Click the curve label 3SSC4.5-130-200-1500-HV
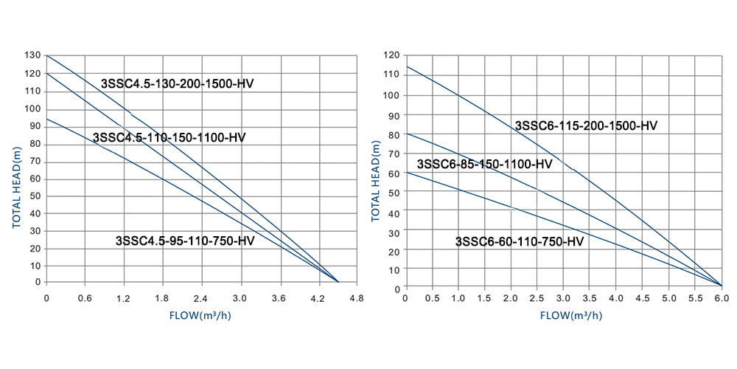(x=177, y=83)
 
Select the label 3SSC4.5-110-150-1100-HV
(x=170, y=138)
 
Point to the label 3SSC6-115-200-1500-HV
(x=586, y=125)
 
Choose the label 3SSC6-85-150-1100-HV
(x=484, y=164)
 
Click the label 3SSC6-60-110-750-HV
(x=520, y=241)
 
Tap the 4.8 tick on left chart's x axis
(x=357, y=299)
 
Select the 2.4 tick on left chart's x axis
(x=200, y=299)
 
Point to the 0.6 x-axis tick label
(x=85, y=299)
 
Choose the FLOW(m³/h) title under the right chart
(x=564, y=315)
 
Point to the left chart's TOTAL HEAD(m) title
(x=16, y=187)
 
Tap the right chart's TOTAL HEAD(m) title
(x=375, y=181)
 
